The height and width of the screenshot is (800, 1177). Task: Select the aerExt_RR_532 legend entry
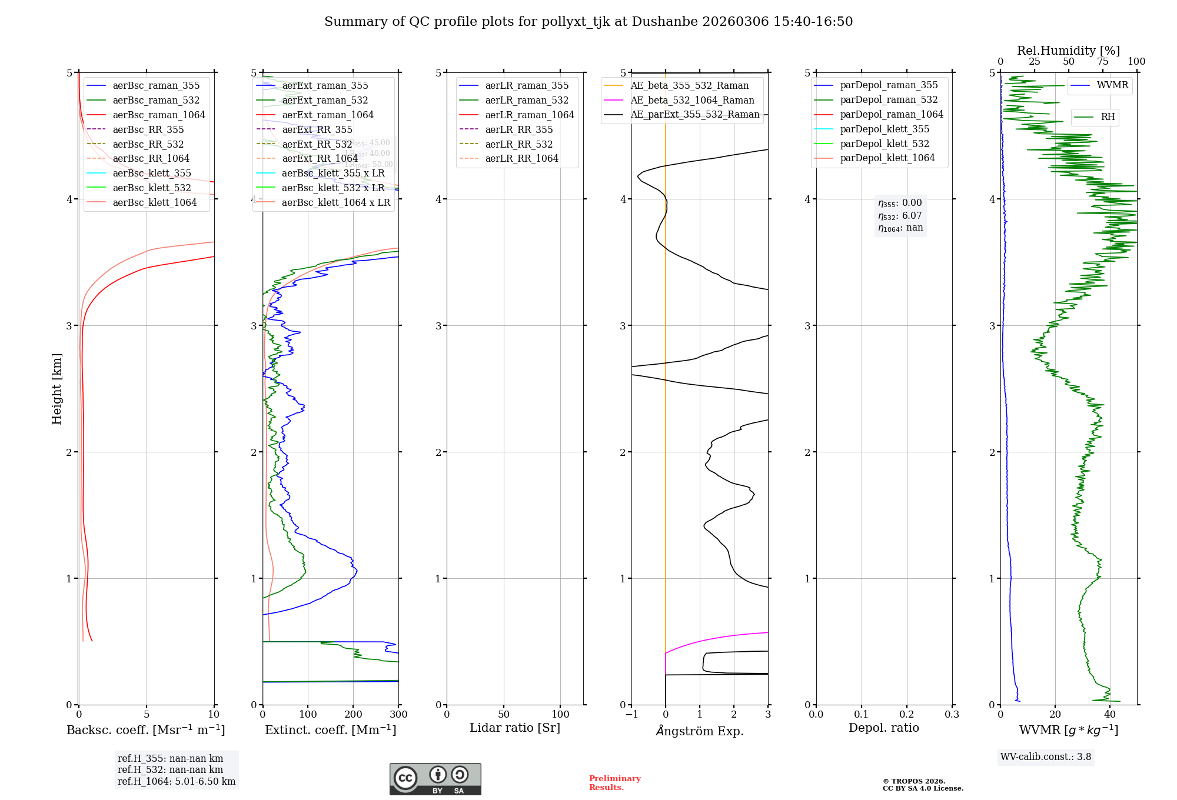[x=317, y=144]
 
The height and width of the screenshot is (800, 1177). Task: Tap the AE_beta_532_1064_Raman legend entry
[x=692, y=100]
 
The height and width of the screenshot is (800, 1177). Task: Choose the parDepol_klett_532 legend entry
[x=885, y=144]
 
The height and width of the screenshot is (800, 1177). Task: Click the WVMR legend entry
[x=1112, y=85]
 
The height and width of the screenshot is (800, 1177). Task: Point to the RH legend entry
[x=1108, y=117]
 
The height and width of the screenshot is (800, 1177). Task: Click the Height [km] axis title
[x=56, y=389]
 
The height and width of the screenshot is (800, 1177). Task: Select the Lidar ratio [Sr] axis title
[x=515, y=728]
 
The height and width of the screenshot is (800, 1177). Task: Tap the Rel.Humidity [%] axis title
[x=1068, y=51]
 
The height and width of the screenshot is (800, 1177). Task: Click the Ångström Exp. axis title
[x=700, y=731]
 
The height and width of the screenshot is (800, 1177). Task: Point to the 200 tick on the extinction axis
[x=353, y=714]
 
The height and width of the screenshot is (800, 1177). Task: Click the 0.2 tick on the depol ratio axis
[x=907, y=714]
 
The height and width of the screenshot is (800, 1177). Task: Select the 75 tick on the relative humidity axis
[x=1102, y=62]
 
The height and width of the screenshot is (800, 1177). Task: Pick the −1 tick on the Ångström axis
[x=631, y=714]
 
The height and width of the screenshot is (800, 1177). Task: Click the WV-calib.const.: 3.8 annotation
[x=1046, y=756]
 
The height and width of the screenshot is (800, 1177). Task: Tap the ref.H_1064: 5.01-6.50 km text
[x=177, y=781]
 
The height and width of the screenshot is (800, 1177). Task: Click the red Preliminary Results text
[x=614, y=782]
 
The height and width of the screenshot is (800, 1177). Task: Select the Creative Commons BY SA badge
[x=435, y=779]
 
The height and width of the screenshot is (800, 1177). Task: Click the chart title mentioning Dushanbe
[x=588, y=22]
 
